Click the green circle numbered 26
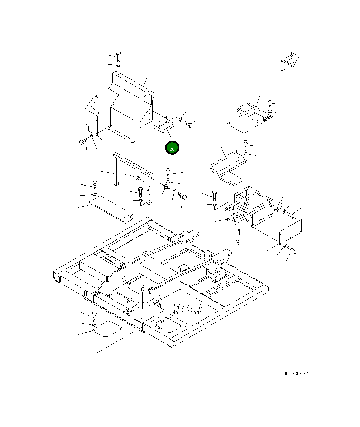[x=172, y=148]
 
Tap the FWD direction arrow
[x=289, y=62]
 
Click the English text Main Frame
[x=187, y=312]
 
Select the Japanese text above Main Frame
[x=187, y=306]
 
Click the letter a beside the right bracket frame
[x=238, y=243]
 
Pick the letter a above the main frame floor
[x=143, y=288]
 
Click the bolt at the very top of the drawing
[x=119, y=56]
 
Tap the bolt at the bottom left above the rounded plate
[x=94, y=316]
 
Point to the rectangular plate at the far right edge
[x=290, y=231]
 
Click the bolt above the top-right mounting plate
[x=270, y=103]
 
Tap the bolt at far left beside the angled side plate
[x=84, y=141]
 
